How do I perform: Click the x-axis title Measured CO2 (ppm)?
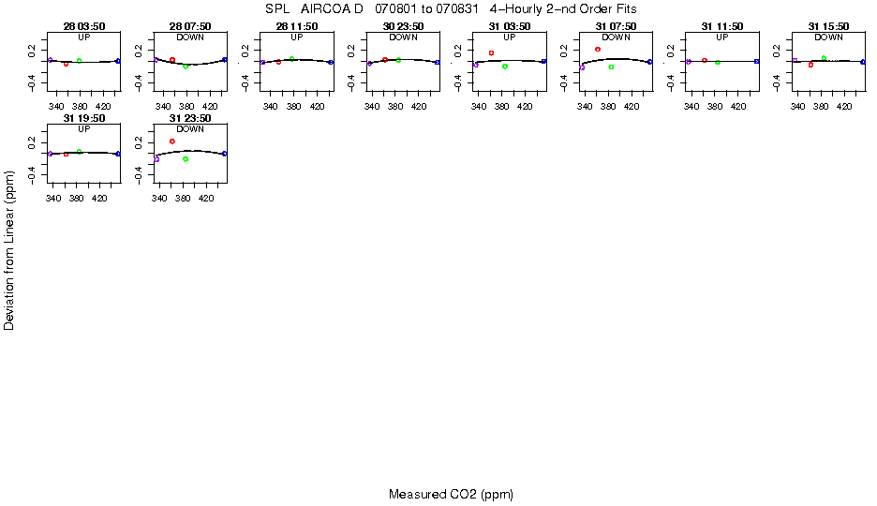(x=451, y=494)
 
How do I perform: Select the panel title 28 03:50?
(x=83, y=26)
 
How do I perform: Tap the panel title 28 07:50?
(x=190, y=26)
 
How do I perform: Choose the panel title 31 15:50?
(x=828, y=26)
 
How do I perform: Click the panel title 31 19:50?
(x=83, y=119)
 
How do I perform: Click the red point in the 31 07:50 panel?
(x=598, y=49)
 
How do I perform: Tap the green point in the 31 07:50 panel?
(x=611, y=67)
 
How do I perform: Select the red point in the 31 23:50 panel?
(x=172, y=141)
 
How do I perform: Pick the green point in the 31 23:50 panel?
(x=186, y=159)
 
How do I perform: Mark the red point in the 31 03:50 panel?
(x=491, y=52)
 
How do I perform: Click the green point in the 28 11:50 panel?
(x=291, y=58)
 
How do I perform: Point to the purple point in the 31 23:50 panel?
(x=156, y=159)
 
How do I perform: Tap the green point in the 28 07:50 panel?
(x=186, y=67)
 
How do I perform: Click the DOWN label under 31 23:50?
(x=190, y=129)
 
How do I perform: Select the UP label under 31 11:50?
(x=722, y=37)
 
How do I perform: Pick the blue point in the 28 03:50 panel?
(x=118, y=61)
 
